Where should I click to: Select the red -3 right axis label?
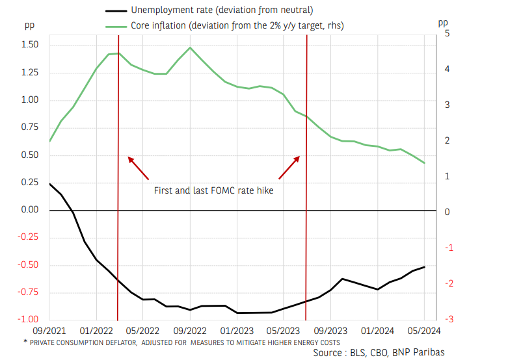(448, 319)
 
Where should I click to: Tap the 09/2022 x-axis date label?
(190, 331)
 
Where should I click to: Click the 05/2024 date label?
(425, 331)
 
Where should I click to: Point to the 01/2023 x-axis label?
(237, 331)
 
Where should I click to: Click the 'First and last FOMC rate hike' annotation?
(213, 191)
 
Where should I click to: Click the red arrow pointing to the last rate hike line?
(289, 168)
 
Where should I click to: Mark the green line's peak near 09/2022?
(190, 47)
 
